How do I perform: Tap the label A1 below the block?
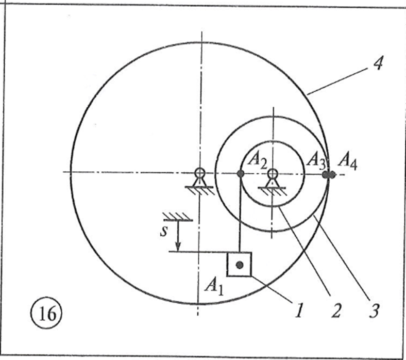pos(214,285)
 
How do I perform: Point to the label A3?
pos(315,159)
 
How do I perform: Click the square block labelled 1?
pos(239,265)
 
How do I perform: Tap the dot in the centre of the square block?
pos(239,265)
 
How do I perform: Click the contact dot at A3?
pos(326,174)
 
